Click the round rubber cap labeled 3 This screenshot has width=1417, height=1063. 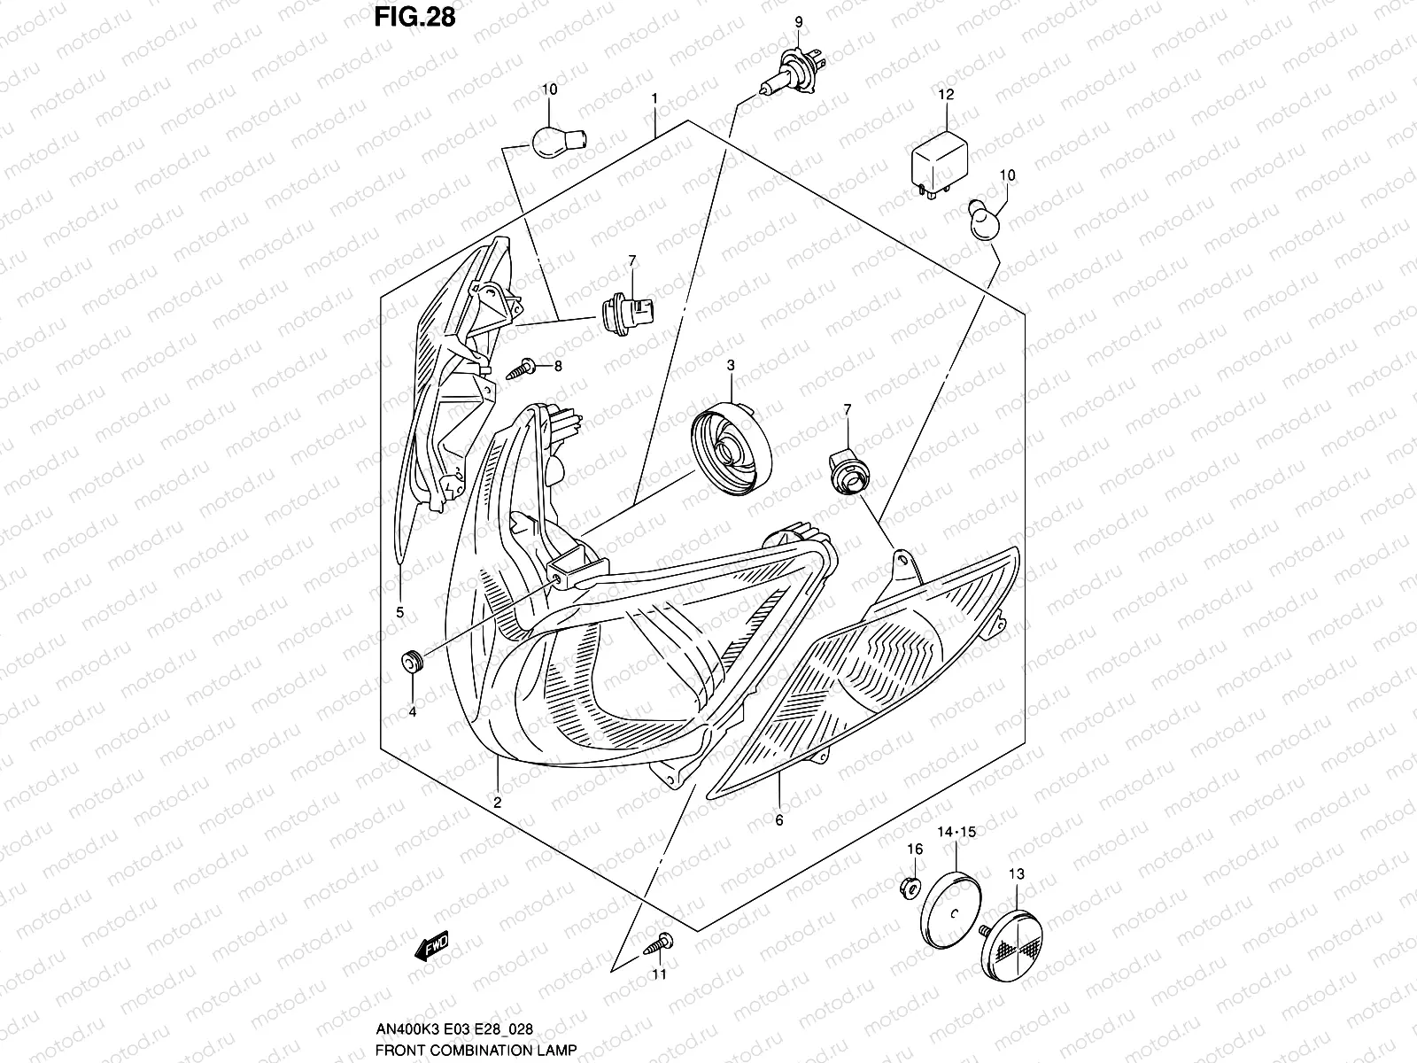[x=731, y=450]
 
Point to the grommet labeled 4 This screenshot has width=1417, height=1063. [x=412, y=660]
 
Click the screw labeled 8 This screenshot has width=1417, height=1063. [x=523, y=365]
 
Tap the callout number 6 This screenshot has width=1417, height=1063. [x=779, y=821]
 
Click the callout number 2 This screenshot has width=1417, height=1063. [x=498, y=803]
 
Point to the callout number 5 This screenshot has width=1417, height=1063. [x=399, y=612]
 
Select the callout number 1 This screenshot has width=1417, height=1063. [x=654, y=99]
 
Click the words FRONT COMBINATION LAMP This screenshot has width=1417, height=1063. [x=476, y=1051]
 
